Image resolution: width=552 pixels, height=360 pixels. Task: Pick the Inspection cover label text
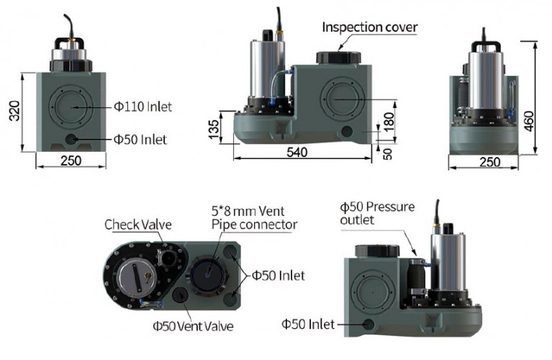pyautogui.click(x=369, y=27)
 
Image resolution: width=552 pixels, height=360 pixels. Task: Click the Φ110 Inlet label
pyautogui.click(x=142, y=107)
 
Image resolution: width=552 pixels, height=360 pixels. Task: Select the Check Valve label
pyautogui.click(x=137, y=225)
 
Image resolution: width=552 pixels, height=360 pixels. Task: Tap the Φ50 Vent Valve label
pyautogui.click(x=193, y=326)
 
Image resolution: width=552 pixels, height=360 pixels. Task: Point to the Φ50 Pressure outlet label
pyautogui.click(x=377, y=213)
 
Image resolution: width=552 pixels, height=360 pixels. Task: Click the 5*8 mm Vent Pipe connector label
pyautogui.click(x=254, y=217)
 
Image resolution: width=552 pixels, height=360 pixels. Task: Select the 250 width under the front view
pyautogui.click(x=71, y=161)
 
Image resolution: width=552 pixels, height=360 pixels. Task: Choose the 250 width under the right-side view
pyautogui.click(x=489, y=162)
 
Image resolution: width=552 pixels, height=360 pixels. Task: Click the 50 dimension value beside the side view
pyautogui.click(x=389, y=153)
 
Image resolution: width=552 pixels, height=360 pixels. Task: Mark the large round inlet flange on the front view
pyautogui.click(x=71, y=107)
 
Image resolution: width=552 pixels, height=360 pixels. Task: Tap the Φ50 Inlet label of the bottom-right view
pyautogui.click(x=312, y=325)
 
